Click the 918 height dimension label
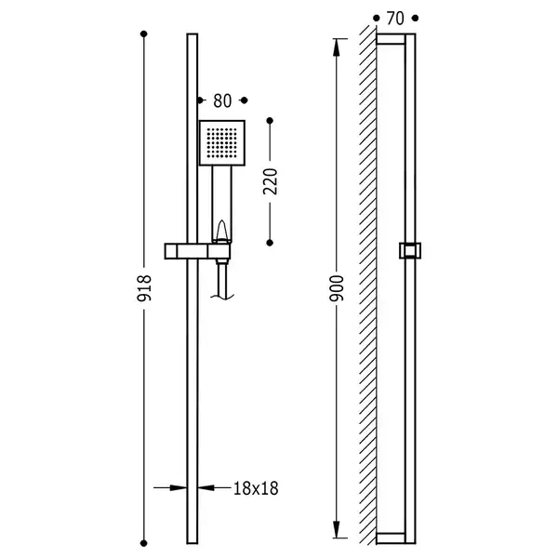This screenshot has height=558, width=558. [x=144, y=288]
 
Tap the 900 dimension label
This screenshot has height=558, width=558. [x=337, y=288]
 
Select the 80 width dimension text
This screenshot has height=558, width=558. [x=222, y=100]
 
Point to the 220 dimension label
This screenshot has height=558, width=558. [x=270, y=181]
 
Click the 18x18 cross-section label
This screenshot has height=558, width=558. [x=256, y=488]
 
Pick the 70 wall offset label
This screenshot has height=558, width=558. [x=395, y=19]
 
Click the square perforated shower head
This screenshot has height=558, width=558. [x=222, y=143]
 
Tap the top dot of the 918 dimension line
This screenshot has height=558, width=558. [x=144, y=33]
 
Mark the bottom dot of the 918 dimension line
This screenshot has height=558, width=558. [x=144, y=543]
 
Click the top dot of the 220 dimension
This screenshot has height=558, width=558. [x=270, y=121]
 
